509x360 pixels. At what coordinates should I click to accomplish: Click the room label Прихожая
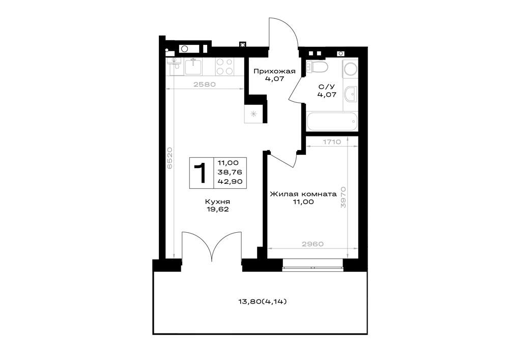[x=274, y=71]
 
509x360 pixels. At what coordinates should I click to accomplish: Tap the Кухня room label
[x=217, y=202]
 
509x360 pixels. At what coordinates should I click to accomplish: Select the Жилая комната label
[x=303, y=194]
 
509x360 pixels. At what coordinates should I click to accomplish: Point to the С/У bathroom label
[x=326, y=87]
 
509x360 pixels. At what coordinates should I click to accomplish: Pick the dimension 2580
[x=205, y=85]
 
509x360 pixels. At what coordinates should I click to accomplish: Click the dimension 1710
[x=332, y=142]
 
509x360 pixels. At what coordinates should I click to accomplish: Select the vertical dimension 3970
[x=344, y=197]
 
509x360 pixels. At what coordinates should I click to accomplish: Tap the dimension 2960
[x=313, y=244]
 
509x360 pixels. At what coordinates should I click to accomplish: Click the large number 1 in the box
[x=201, y=173]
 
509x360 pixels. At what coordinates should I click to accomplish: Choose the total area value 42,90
[x=230, y=181]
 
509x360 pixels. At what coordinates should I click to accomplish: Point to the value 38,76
[x=230, y=172]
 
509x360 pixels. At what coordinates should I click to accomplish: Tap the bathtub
[x=332, y=121]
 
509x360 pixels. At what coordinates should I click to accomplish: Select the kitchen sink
[x=194, y=66]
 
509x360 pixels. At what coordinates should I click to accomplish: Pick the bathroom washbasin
[x=351, y=94]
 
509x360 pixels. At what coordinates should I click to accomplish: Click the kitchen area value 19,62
[x=217, y=209]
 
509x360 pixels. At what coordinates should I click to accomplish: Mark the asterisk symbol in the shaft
[x=253, y=114]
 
